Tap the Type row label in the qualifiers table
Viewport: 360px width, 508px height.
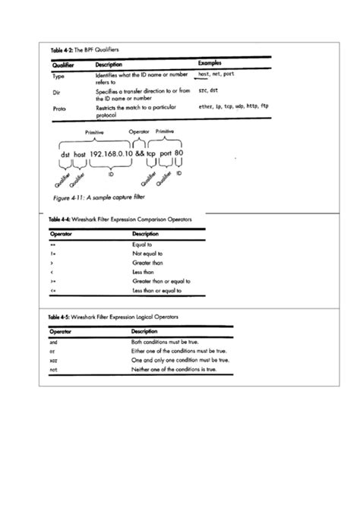pos(58,77)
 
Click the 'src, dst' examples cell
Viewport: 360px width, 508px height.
pos(208,91)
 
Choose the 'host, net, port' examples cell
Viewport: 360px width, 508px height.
pos(216,74)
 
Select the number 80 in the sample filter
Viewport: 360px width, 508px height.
pos(179,153)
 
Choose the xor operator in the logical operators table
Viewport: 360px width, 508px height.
pos(53,360)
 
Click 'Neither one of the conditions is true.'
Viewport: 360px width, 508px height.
pos(174,368)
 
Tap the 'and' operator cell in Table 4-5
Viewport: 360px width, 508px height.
pos(53,342)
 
